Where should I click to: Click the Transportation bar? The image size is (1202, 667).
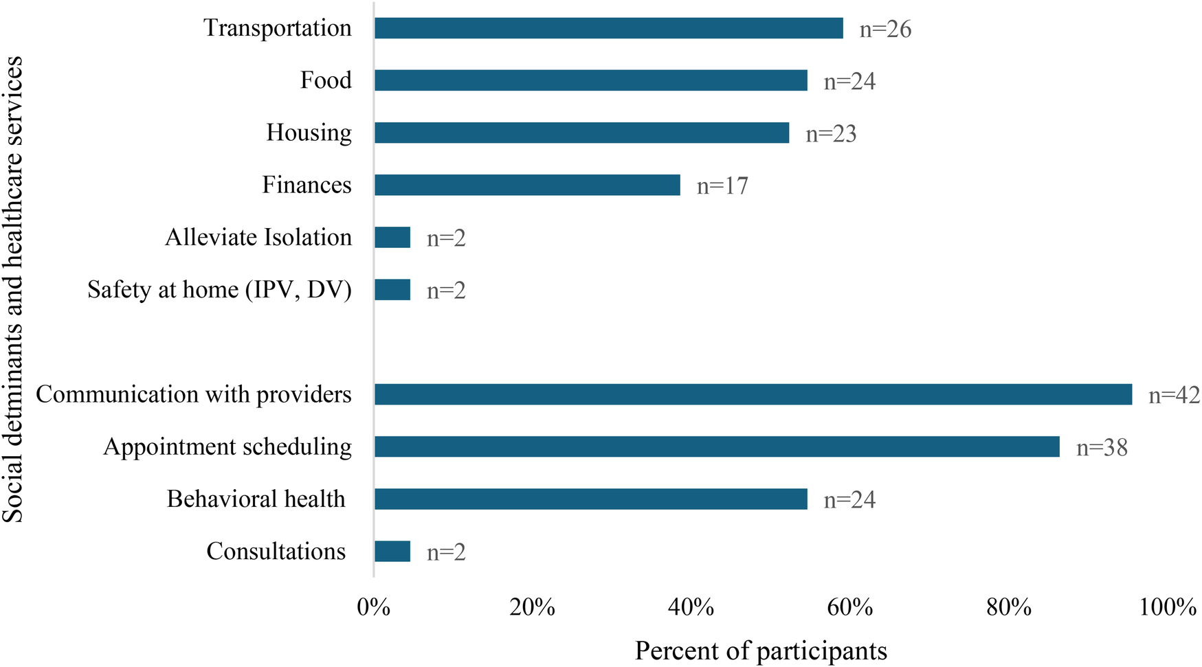point(608,28)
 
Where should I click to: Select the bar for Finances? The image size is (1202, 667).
point(527,185)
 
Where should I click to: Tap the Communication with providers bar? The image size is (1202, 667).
point(753,394)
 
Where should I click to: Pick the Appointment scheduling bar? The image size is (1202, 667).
point(717,446)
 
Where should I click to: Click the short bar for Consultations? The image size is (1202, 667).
point(392,551)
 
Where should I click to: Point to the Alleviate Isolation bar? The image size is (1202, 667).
point(392,238)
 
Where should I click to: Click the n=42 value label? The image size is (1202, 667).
point(1174,395)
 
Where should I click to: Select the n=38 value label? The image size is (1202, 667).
point(1102,448)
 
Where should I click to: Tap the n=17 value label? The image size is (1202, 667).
point(722,186)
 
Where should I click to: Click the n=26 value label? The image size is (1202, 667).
point(885,30)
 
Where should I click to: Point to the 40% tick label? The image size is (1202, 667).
point(691,607)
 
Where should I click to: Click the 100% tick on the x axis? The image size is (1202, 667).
point(1168,607)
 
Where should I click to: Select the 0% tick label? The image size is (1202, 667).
point(374,607)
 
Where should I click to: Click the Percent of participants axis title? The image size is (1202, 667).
point(761,651)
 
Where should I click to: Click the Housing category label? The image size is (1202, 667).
point(309,132)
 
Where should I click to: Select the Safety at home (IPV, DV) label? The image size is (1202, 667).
point(219,289)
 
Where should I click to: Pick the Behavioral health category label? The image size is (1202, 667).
point(256,499)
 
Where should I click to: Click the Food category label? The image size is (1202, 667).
point(326,80)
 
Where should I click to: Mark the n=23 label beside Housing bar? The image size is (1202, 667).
point(831,134)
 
